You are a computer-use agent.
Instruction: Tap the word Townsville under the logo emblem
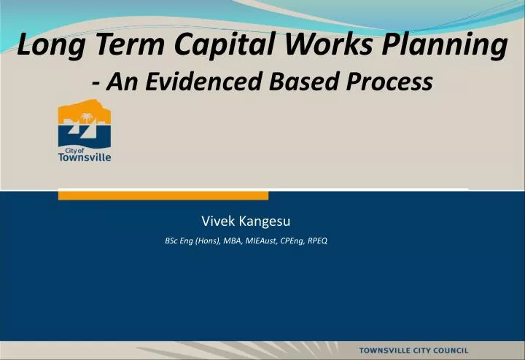(x=85, y=157)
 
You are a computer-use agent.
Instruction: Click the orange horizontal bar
(x=163, y=195)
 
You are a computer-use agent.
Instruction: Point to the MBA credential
(x=235, y=240)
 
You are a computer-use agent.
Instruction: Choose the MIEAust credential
(x=262, y=240)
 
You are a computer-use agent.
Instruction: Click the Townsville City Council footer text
(x=423, y=351)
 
